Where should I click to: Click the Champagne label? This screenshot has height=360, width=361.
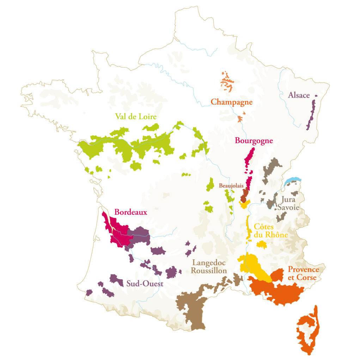pyautogui.click(x=232, y=102)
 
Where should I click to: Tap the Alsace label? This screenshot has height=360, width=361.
pyautogui.click(x=299, y=95)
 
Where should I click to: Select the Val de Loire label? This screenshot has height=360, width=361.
pyautogui.click(x=136, y=116)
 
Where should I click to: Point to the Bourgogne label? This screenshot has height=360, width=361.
pyautogui.click(x=254, y=141)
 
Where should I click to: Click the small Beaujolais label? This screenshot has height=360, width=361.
pyautogui.click(x=232, y=185)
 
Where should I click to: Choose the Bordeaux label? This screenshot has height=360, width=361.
pyautogui.click(x=130, y=212)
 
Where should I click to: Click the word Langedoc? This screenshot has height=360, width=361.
pyautogui.click(x=208, y=263)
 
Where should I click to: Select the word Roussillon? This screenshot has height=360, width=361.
pyautogui.click(x=209, y=271)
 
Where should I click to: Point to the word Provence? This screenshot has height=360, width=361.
pyautogui.click(x=304, y=270)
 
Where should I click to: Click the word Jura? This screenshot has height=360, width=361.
pyautogui.click(x=286, y=200)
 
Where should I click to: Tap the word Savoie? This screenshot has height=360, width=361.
pyautogui.click(x=288, y=207)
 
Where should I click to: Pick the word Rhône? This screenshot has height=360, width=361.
pyautogui.click(x=277, y=235)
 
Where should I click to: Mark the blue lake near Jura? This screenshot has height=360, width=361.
pyautogui.click(x=293, y=181)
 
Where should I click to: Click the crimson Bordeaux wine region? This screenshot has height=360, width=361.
pyautogui.click(x=118, y=233)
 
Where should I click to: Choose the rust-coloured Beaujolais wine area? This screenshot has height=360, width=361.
pyautogui.click(x=244, y=194)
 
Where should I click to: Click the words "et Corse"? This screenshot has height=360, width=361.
pyautogui.click(x=302, y=278)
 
